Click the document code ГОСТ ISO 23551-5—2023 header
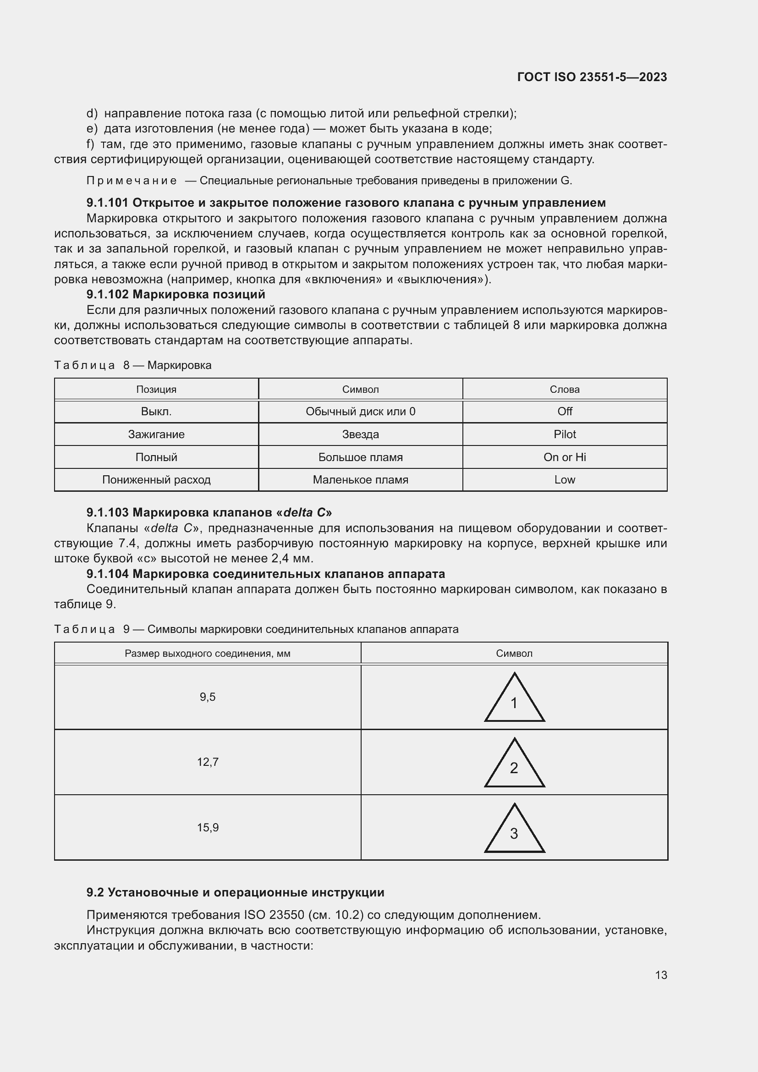tap(592, 77)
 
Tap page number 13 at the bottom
tap(661, 975)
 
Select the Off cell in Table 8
tap(564, 411)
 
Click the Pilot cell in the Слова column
tap(564, 434)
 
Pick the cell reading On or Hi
tap(564, 457)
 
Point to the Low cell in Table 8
tap(564, 479)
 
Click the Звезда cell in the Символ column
tap(360, 434)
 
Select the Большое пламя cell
tap(360, 457)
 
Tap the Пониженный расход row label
tap(156, 479)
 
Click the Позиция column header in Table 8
tap(156, 390)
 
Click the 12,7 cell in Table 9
tap(208, 762)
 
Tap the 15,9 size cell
tap(208, 827)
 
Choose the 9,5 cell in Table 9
tap(208, 697)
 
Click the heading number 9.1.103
tap(107, 512)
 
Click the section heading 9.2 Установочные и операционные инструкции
tap(235, 892)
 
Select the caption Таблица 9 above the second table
tap(92, 629)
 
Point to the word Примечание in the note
tap(132, 181)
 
